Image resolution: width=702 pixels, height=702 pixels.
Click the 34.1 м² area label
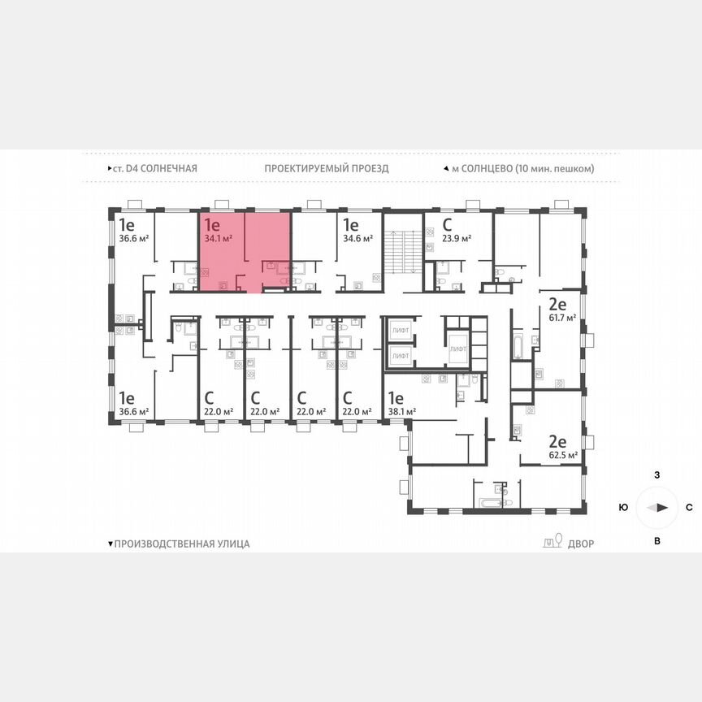click(219, 239)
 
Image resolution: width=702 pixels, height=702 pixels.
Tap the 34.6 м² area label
click(357, 239)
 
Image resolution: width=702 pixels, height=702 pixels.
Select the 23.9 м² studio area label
click(457, 239)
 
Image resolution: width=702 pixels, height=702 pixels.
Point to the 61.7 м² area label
click(561, 318)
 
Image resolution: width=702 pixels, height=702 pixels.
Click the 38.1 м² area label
click(401, 412)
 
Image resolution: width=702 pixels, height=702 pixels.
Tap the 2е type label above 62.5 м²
click(557, 442)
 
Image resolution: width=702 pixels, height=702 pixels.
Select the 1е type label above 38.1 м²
click(396, 398)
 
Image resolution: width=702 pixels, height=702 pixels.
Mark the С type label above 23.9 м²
click(447, 225)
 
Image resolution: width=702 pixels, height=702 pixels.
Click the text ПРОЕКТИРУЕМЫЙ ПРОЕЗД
click(326, 168)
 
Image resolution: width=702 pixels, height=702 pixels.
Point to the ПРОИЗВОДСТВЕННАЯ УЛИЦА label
click(181, 544)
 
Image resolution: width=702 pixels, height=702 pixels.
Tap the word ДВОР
click(579, 544)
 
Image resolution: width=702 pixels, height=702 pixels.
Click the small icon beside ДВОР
click(552, 542)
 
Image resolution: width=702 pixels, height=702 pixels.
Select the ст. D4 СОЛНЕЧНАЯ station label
click(154, 168)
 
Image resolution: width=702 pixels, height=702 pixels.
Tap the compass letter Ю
click(623, 507)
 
